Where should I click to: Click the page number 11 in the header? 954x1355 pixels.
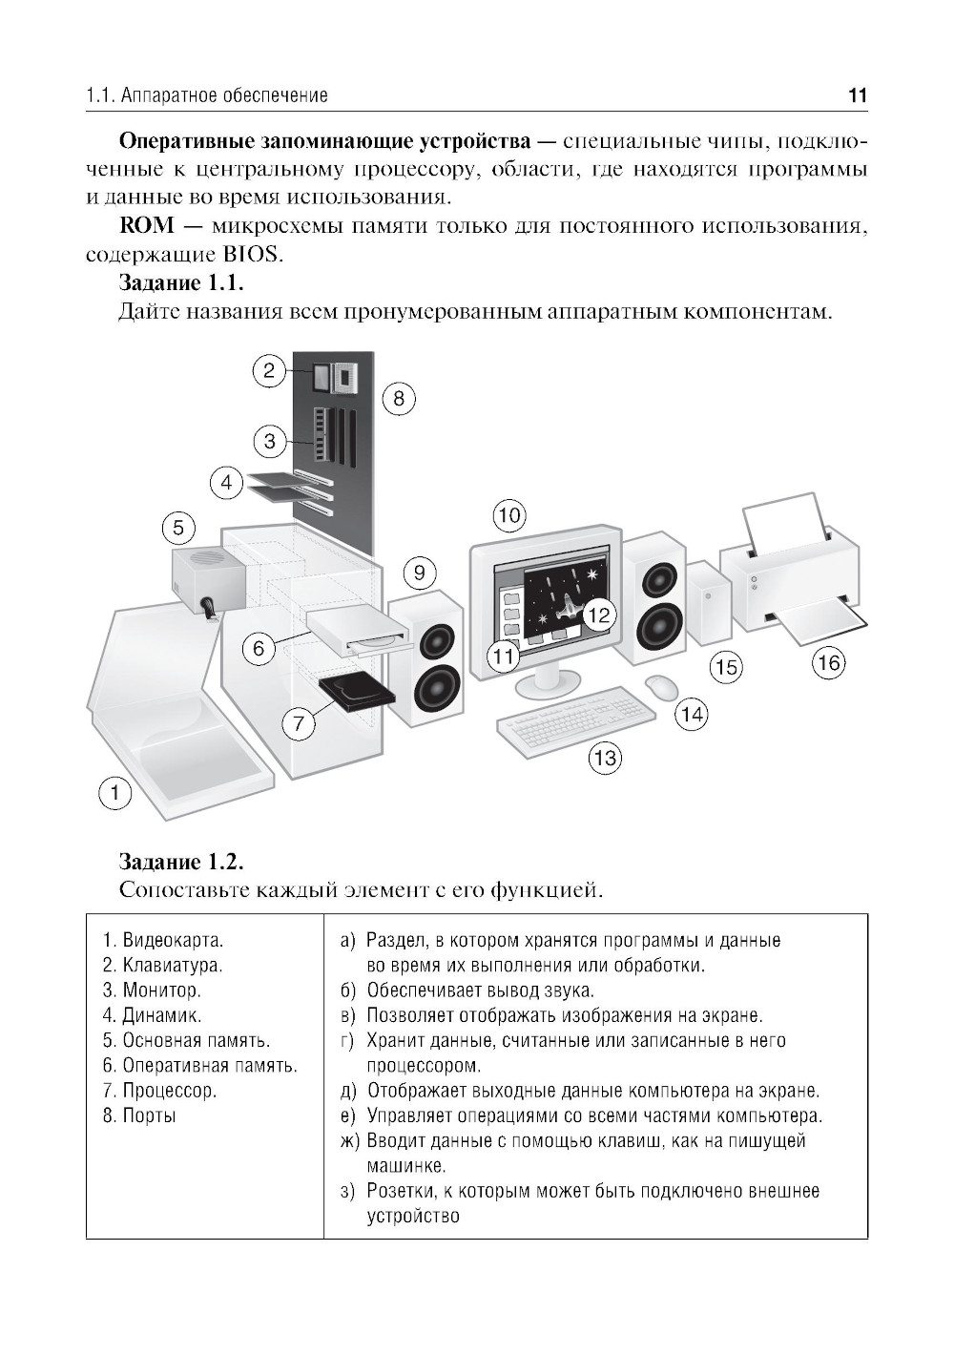pyautogui.click(x=857, y=95)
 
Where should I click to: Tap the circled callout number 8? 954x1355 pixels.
pyautogui.click(x=399, y=398)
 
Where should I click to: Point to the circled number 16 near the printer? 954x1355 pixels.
pyautogui.click(x=829, y=662)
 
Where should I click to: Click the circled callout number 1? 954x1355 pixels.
pyautogui.click(x=115, y=792)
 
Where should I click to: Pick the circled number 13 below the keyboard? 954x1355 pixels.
pyautogui.click(x=605, y=759)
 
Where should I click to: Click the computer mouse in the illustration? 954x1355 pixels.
pyautogui.click(x=662, y=687)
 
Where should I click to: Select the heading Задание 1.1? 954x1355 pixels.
pyautogui.click(x=181, y=283)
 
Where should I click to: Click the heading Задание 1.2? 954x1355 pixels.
pyautogui.click(x=181, y=862)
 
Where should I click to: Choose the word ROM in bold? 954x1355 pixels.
pyautogui.click(x=146, y=226)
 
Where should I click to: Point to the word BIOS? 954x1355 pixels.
pyautogui.click(x=256, y=255)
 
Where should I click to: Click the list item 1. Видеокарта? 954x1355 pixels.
pyautogui.click(x=163, y=940)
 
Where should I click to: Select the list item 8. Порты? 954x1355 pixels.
pyautogui.click(x=139, y=1115)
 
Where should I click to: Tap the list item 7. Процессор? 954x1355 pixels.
pyautogui.click(x=159, y=1090)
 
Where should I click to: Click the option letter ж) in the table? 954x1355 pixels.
pyautogui.click(x=349, y=1140)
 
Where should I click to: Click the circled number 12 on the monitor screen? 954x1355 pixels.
pyautogui.click(x=597, y=615)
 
